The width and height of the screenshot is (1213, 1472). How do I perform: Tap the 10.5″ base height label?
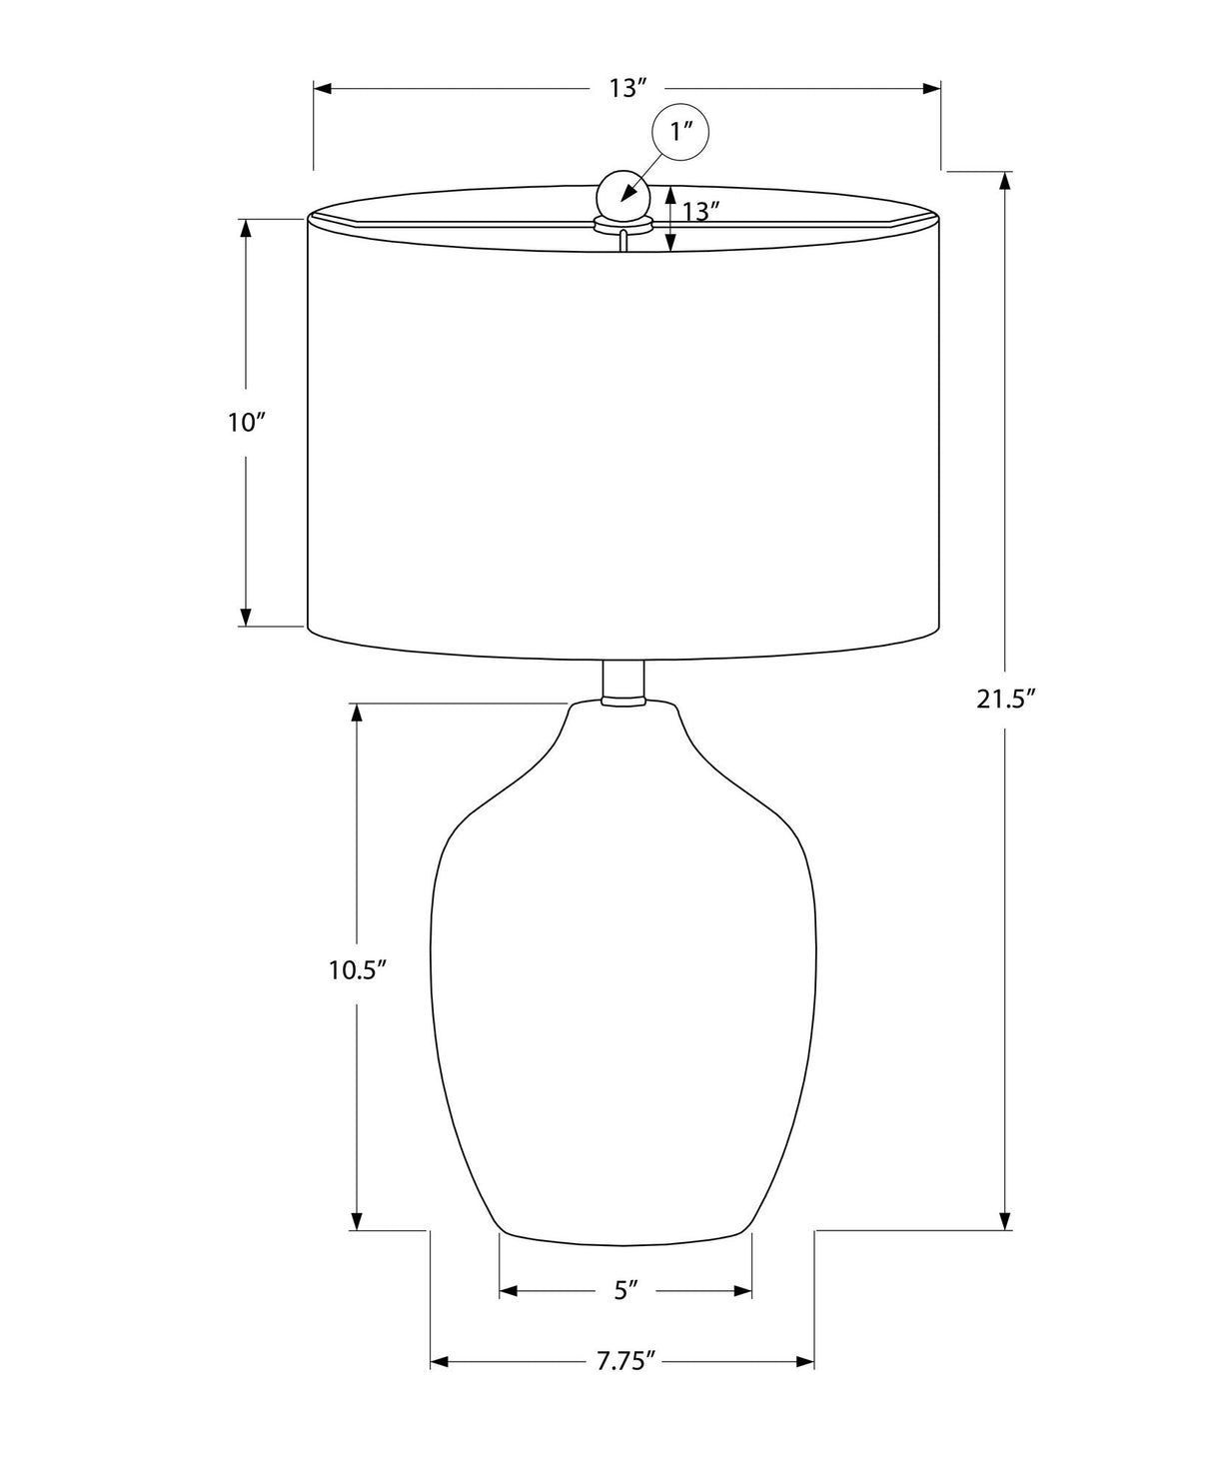tap(358, 970)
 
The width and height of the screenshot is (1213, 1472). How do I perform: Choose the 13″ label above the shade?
tap(627, 88)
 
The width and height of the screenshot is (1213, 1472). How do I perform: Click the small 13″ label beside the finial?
tap(699, 211)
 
